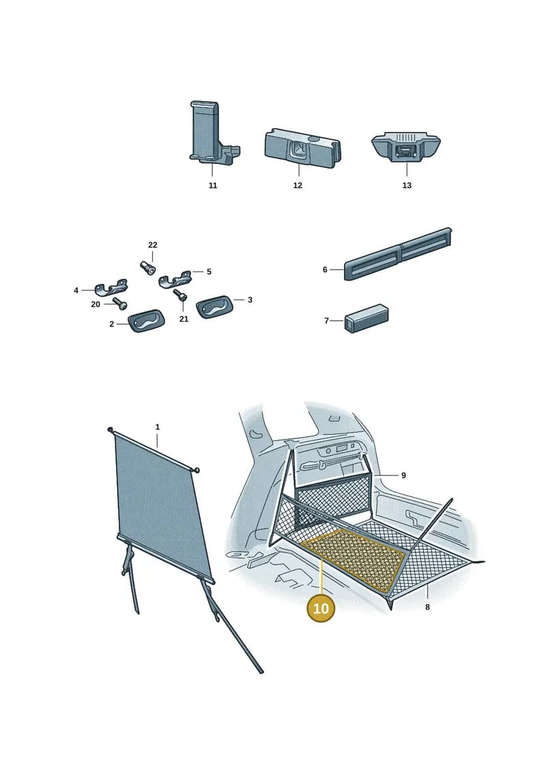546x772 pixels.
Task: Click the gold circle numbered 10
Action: coord(321,608)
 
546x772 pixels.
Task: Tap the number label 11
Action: coord(213,186)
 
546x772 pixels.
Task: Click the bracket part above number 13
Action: coord(406,146)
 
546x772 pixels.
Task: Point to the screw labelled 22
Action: coord(148,268)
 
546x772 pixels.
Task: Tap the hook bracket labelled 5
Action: coord(175,278)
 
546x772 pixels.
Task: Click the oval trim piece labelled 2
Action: coord(147,321)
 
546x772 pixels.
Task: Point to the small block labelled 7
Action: coord(367,319)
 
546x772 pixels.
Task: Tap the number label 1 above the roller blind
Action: coord(158,427)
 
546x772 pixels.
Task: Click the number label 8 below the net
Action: coord(427,607)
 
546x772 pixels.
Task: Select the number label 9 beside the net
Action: coord(404,475)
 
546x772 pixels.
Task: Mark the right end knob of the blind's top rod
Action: coord(198,470)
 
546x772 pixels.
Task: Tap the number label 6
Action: coord(325,270)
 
